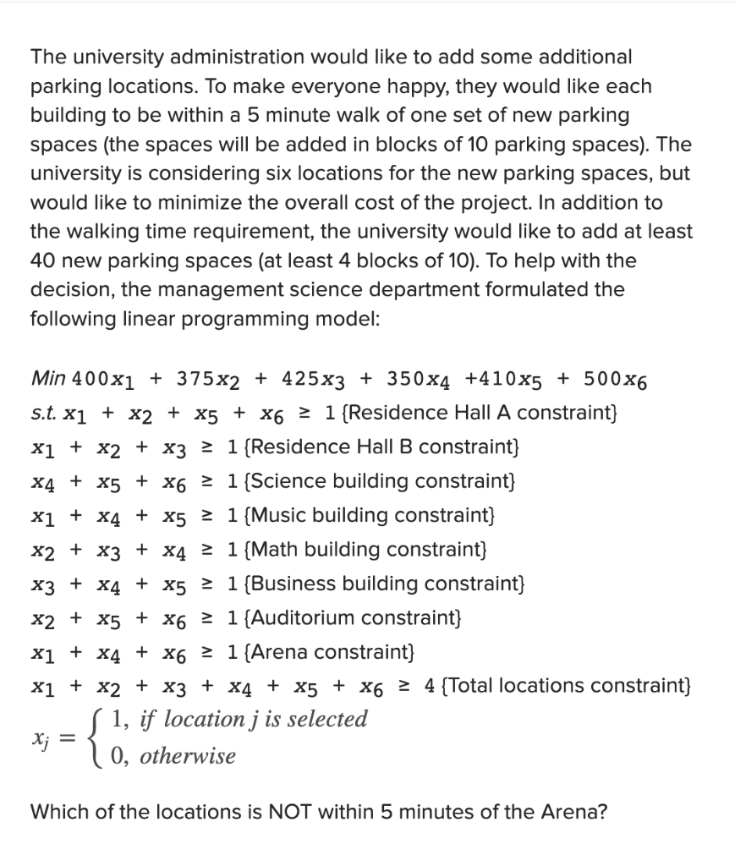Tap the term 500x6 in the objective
pos(619,377)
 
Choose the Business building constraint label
pos(384,584)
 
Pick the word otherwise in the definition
pos(188,755)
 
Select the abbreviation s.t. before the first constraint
pos(42,412)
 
